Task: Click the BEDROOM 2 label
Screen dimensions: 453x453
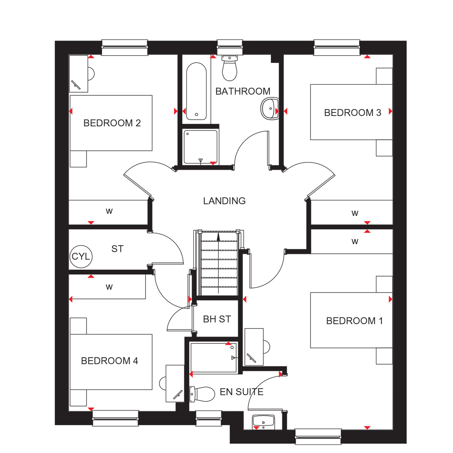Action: [112, 123]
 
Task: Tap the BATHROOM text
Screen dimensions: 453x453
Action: [243, 91]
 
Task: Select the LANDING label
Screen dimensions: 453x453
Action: [224, 201]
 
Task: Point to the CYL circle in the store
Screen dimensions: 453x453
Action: [81, 256]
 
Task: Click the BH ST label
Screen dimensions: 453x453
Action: [217, 319]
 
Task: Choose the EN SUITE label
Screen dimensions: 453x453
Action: [242, 392]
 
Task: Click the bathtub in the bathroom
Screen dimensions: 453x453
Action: [196, 91]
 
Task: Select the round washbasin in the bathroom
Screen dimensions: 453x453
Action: [270, 108]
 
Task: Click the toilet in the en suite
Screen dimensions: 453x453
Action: [202, 394]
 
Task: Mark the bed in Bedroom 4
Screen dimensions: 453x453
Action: [111, 362]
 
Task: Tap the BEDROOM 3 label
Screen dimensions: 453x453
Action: [352, 113]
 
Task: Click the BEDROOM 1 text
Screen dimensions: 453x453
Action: [355, 321]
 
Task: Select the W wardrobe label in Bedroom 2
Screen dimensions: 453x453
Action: [109, 211]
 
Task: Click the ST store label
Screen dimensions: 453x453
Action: [117, 249]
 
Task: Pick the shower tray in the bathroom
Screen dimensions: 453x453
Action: [201, 147]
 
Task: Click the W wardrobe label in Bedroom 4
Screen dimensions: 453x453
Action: [109, 287]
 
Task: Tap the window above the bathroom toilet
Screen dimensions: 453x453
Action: [230, 47]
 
